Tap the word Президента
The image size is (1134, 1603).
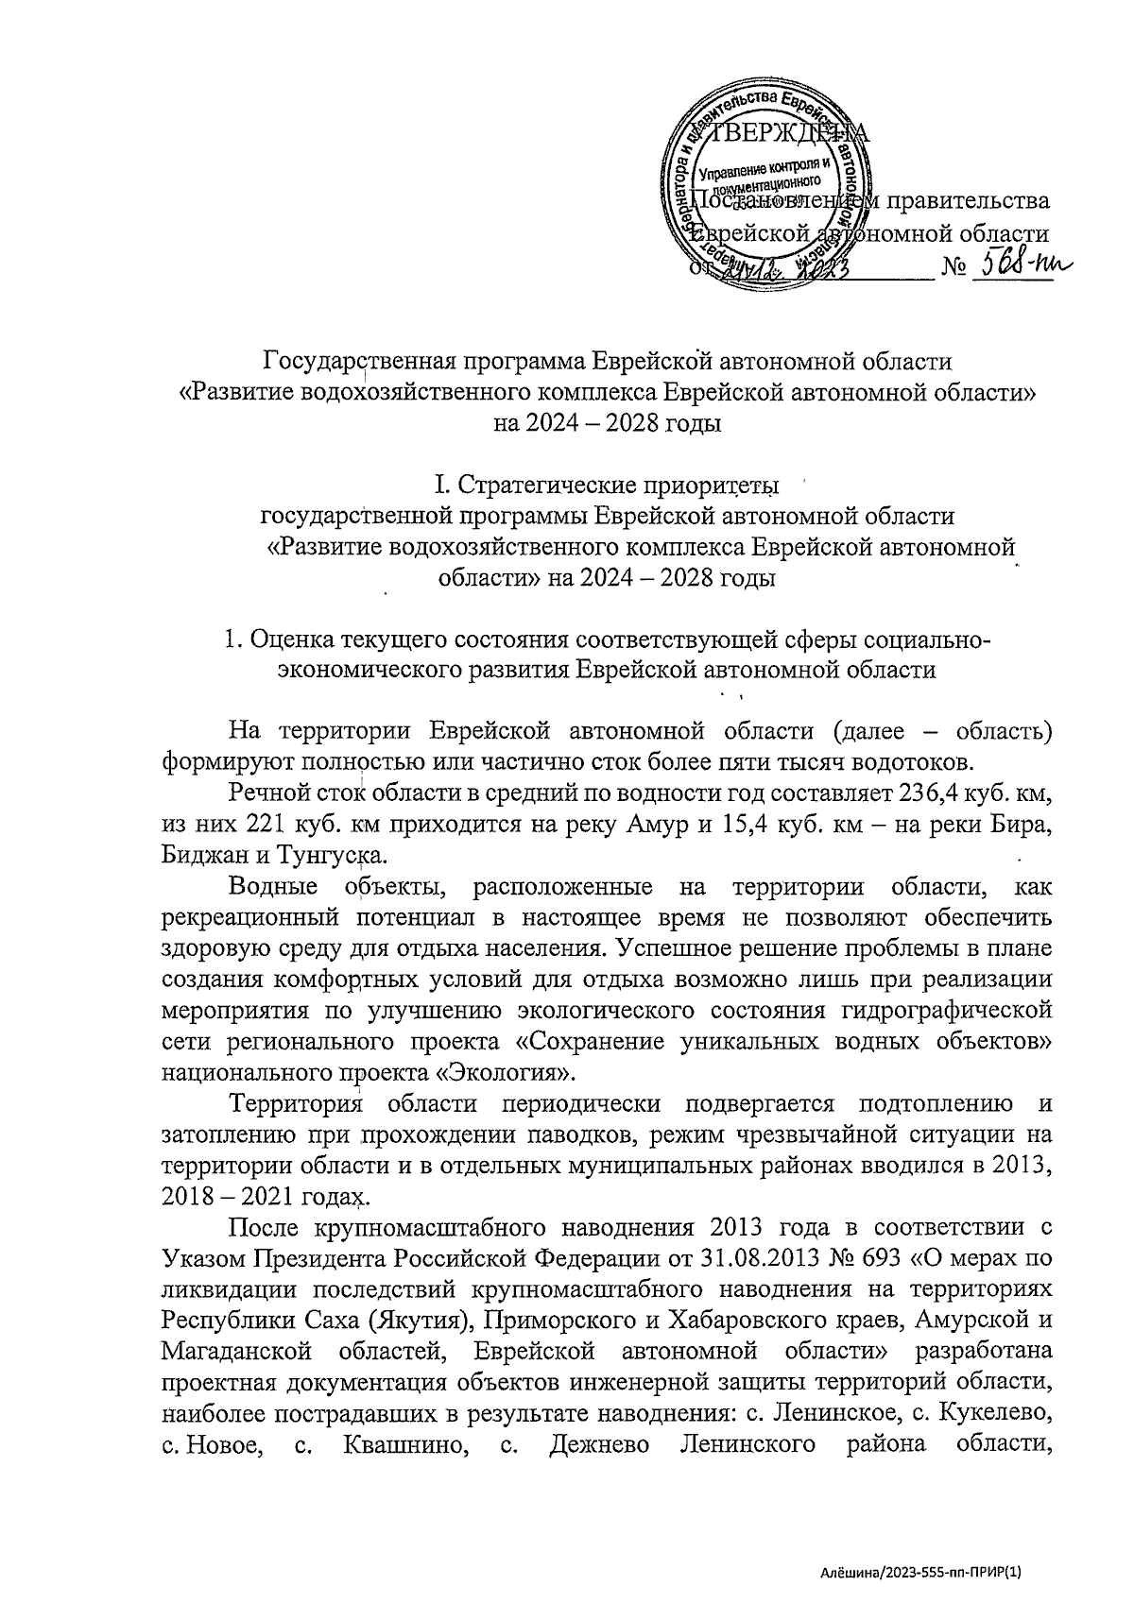pyautogui.click(x=324, y=1258)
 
